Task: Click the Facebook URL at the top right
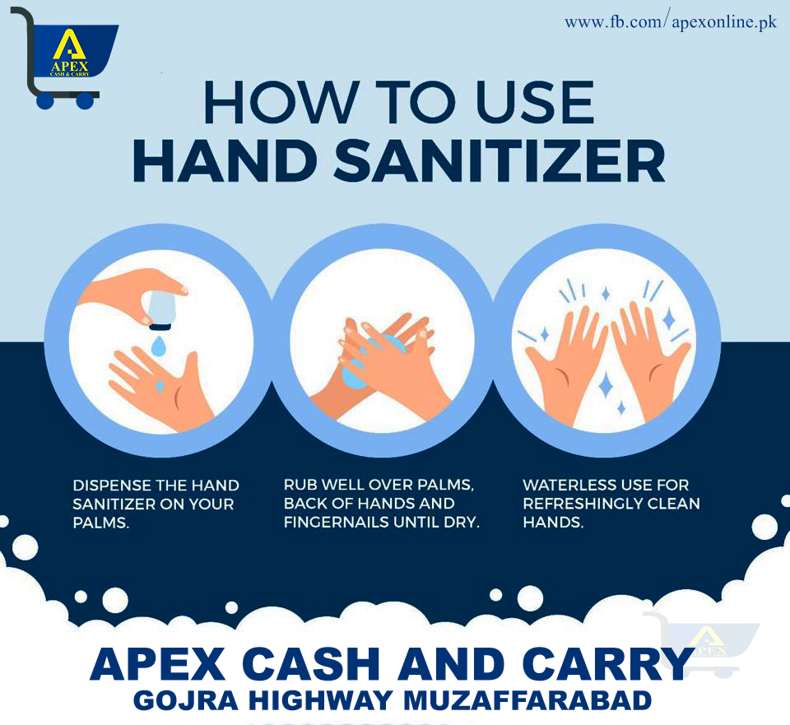pos(671,23)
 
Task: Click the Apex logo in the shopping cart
pos(70,53)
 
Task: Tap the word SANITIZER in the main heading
pos(500,162)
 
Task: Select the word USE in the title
pos(535,102)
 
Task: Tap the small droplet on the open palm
pos(160,386)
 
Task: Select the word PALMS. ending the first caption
pos(100,523)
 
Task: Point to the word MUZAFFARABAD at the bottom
pos(527,701)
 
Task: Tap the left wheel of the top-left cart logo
pos(44,101)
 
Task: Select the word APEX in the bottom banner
pos(157,664)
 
